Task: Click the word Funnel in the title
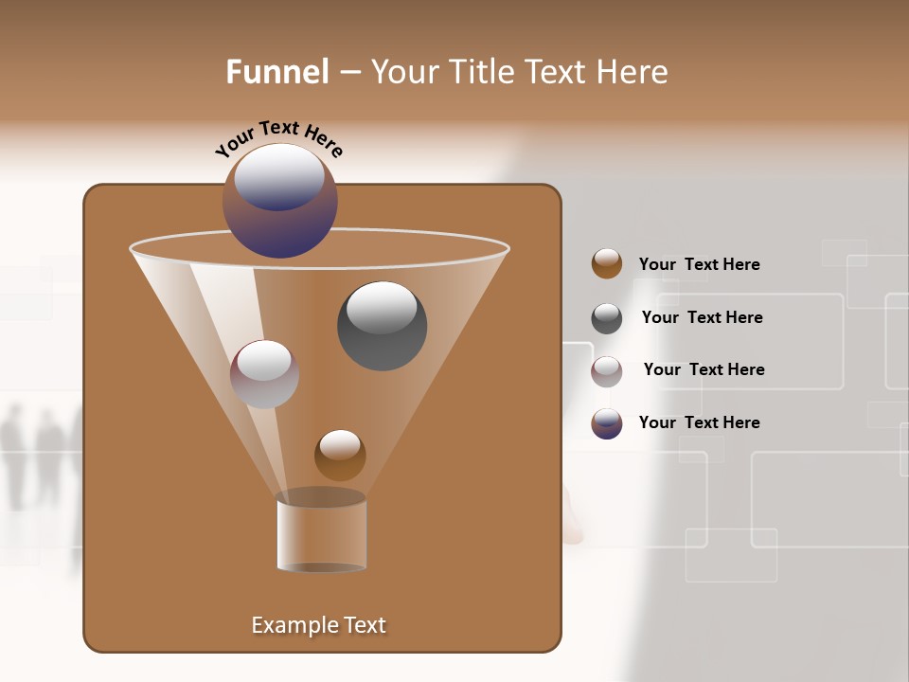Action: [276, 72]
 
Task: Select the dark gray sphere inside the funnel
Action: [382, 326]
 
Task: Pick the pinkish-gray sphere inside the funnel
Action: [265, 374]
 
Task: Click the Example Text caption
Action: [319, 625]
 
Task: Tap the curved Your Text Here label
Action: [279, 138]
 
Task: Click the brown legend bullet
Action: [607, 264]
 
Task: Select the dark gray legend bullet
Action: [607, 318]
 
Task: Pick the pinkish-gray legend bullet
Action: [607, 371]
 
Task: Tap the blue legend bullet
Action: [607, 423]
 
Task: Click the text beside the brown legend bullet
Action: [699, 264]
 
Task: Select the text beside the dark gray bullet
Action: [702, 317]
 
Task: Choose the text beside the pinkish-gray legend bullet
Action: [704, 369]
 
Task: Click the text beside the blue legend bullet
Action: [699, 422]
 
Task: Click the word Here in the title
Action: [633, 72]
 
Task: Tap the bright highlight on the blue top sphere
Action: [279, 176]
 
